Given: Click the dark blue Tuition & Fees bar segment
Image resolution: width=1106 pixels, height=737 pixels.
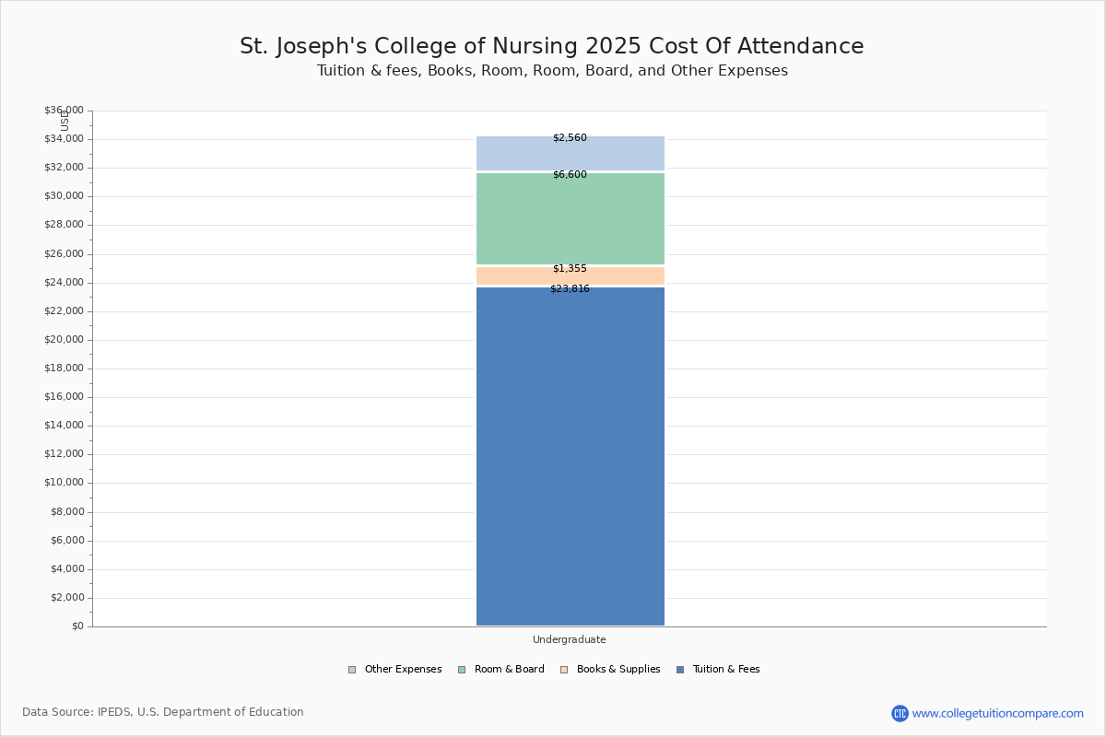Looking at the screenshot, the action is click(571, 456).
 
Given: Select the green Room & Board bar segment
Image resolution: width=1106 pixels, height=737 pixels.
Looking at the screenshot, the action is click(571, 218).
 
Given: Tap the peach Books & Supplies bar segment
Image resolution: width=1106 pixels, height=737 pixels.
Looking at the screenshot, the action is click(571, 276).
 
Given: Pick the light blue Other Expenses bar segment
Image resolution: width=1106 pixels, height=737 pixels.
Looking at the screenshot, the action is click(571, 154).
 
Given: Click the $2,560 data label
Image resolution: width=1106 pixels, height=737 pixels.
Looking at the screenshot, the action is click(570, 137).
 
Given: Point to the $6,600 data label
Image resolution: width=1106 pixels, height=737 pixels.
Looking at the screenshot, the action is click(570, 174).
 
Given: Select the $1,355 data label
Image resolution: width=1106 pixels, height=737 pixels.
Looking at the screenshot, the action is click(570, 268).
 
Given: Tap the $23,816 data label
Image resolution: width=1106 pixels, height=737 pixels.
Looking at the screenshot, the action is click(570, 288).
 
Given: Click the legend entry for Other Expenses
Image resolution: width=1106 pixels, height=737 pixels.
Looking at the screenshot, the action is click(395, 670).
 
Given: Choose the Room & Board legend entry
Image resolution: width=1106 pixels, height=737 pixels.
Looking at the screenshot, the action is click(501, 670).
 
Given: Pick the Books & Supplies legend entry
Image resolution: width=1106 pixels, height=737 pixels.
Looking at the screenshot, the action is click(610, 670).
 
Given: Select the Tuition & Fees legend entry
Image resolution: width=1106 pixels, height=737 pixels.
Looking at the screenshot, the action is click(718, 670).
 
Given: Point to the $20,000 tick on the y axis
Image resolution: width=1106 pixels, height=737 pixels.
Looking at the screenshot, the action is click(65, 340).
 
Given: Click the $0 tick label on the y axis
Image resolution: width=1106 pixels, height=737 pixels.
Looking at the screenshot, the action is click(78, 626).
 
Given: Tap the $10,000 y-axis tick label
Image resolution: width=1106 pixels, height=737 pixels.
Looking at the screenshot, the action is click(65, 483).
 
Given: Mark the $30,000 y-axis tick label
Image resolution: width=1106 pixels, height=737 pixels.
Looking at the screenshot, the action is click(65, 196).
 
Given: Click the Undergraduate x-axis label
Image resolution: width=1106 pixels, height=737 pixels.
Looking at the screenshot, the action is click(570, 639).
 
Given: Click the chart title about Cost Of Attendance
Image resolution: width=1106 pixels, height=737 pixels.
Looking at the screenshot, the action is click(551, 46).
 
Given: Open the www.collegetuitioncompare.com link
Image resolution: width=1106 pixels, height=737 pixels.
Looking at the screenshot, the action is click(997, 714).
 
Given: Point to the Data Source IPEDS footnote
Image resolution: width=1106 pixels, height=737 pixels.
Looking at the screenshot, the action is click(163, 712).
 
